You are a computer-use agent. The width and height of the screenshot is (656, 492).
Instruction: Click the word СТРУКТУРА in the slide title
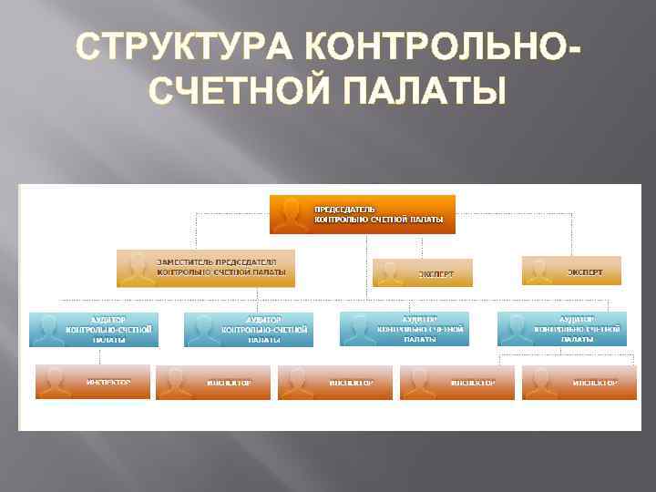pyautogui.click(x=178, y=46)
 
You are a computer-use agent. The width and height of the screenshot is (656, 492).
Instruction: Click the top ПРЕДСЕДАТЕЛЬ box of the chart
pyautogui.click(x=362, y=214)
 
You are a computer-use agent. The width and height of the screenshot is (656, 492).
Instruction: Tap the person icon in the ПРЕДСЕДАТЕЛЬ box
pyautogui.click(x=291, y=215)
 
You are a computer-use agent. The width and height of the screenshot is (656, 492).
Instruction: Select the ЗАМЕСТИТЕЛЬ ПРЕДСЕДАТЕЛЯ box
pyautogui.click(x=206, y=267)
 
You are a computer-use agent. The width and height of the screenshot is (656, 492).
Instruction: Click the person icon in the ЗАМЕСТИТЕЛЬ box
pyautogui.click(x=137, y=268)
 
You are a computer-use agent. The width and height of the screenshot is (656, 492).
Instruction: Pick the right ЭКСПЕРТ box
pyautogui.click(x=571, y=271)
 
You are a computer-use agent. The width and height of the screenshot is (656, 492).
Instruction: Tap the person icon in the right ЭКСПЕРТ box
pyautogui.click(x=541, y=271)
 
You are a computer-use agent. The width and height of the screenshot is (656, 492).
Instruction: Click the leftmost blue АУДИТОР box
pyautogui.click(x=93, y=329)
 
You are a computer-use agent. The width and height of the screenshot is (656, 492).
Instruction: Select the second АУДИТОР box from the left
pyautogui.click(x=248, y=329)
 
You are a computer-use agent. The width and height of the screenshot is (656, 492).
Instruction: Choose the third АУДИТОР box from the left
pyautogui.click(x=405, y=329)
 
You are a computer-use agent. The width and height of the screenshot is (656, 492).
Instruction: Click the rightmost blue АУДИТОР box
pyautogui.click(x=561, y=329)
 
